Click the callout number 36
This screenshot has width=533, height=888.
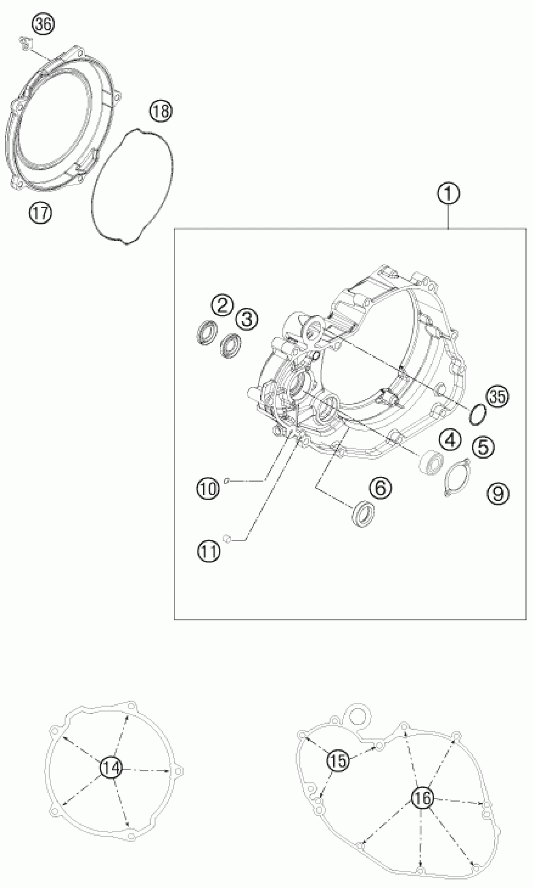tap(43, 25)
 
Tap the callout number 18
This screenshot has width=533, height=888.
tap(161, 111)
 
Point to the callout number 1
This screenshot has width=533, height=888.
tap(448, 194)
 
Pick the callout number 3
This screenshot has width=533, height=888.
tap(247, 318)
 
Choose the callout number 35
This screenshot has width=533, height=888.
tap(498, 397)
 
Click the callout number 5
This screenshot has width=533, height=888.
tap(483, 447)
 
